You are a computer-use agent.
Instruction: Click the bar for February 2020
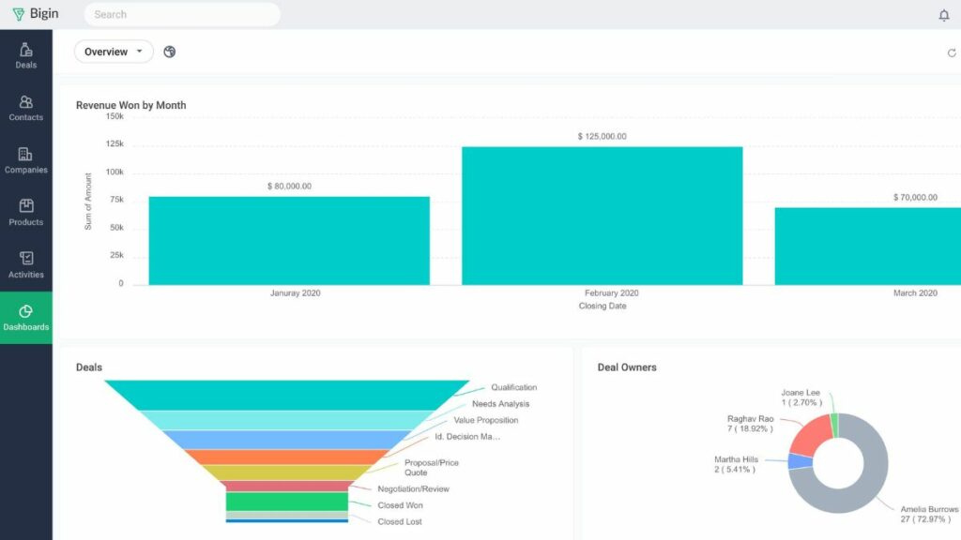pos(602,216)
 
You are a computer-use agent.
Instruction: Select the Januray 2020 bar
pos(289,240)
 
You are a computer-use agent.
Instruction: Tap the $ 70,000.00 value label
pos(915,198)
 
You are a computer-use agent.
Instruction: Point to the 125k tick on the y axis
pos(114,144)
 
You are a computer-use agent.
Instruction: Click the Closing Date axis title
pos(602,306)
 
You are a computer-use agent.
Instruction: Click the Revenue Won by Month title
pos(130,105)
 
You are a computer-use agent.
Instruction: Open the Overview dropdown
pos(114,52)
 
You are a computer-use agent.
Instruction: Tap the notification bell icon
pos(944,15)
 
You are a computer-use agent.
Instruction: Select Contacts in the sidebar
pos(26,108)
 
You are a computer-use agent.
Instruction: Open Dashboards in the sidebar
pos(26,318)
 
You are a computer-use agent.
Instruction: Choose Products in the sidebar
pos(26,213)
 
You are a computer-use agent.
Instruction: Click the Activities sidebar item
pos(26,265)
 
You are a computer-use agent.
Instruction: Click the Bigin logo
pos(36,14)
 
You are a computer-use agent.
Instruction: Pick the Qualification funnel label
pos(513,387)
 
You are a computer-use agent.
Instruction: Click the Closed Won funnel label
pos(401,505)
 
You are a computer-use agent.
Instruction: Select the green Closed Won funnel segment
pos(287,502)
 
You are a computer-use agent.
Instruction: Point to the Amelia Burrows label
pos(929,509)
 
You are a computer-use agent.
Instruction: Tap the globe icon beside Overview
pos(170,52)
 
